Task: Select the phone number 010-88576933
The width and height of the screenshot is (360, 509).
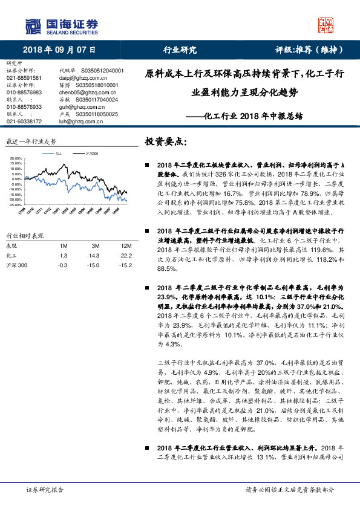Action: pos(24,106)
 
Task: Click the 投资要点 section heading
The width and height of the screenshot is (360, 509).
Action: pos(166,142)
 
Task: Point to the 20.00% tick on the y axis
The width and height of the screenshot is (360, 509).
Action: pos(16,159)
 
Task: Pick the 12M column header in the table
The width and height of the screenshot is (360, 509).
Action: pos(126,246)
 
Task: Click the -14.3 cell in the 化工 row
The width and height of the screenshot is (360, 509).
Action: pos(95,256)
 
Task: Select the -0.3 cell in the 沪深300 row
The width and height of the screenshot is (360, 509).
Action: pos(62,265)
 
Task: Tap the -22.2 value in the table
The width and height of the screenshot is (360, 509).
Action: pos(126,256)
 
